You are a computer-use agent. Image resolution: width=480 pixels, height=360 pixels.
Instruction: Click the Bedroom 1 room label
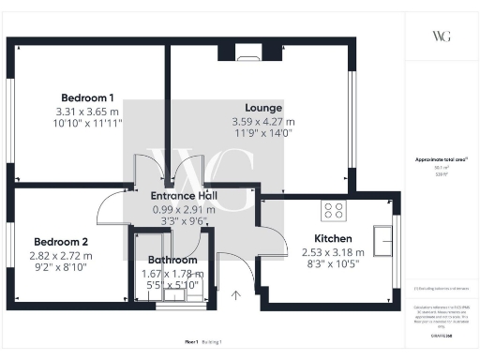pyautogui.click(x=87, y=97)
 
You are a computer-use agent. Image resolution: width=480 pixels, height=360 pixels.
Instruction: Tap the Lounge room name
pyautogui.click(x=263, y=108)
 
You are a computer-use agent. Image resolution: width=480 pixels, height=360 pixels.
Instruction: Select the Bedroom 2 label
pyautogui.click(x=60, y=241)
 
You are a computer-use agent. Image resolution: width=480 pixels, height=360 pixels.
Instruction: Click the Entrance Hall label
pyautogui.click(x=185, y=196)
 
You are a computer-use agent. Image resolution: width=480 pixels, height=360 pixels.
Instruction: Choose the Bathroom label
pyautogui.click(x=173, y=260)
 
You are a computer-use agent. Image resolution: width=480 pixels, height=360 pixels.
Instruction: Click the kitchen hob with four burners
pyautogui.click(x=333, y=209)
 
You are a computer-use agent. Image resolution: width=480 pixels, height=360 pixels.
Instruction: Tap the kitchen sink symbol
pyautogui.click(x=382, y=241)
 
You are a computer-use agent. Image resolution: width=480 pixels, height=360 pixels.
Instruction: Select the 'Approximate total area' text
pyautogui.click(x=439, y=160)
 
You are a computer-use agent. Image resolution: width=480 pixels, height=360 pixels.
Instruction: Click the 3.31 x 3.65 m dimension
pyautogui.click(x=87, y=111)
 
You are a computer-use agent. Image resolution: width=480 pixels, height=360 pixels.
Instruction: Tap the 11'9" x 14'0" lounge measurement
pyautogui.click(x=263, y=134)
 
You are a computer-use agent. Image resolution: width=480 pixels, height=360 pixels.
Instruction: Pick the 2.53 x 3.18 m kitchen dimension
pyautogui.click(x=332, y=253)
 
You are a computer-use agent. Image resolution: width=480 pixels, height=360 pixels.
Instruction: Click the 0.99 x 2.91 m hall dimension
pyautogui.click(x=185, y=210)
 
